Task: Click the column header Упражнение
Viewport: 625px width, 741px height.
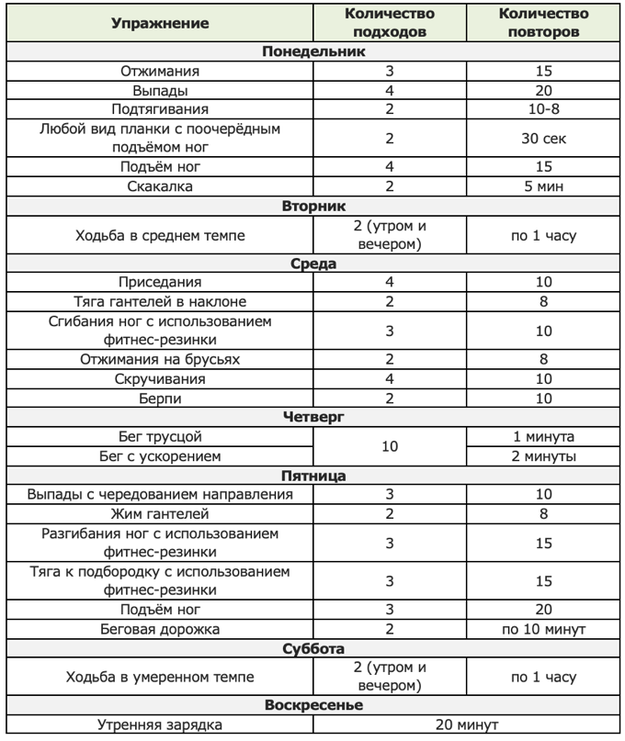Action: pyautogui.click(x=160, y=23)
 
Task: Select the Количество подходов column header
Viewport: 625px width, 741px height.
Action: pyautogui.click(x=390, y=23)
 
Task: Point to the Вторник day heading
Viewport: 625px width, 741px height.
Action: pyautogui.click(x=312, y=206)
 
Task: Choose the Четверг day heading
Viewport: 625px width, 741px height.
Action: pyautogui.click(x=312, y=416)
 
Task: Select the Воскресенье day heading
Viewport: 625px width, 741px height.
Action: pyautogui.click(x=312, y=705)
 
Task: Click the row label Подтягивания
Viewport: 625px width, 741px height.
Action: pyautogui.click(x=160, y=109)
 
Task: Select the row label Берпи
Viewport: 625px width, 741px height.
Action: pyautogui.click(x=160, y=398)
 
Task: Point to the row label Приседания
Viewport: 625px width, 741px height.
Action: pyautogui.click(x=160, y=282)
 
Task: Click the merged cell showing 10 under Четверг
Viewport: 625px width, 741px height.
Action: pyautogui.click(x=390, y=445)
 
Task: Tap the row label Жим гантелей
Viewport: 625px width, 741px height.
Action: pyautogui.click(x=160, y=513)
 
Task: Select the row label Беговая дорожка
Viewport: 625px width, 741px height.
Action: pyautogui.click(x=160, y=629)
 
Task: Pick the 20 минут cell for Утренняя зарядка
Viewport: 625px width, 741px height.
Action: pyautogui.click(x=466, y=724)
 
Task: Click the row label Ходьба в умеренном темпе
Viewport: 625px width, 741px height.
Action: pyautogui.click(x=160, y=677)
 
